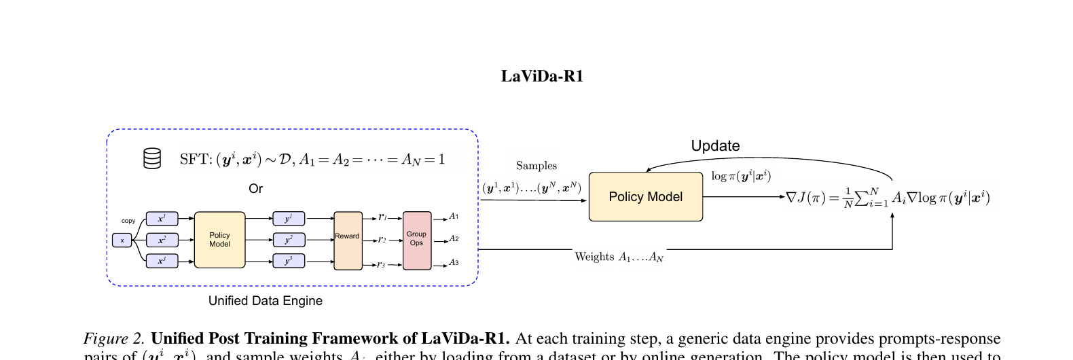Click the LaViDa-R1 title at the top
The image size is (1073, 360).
pos(542,76)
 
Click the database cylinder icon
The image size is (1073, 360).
pos(152,158)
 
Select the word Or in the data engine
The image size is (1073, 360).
pos(255,189)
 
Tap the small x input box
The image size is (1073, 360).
pos(122,240)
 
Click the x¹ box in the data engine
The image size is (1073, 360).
pos(162,219)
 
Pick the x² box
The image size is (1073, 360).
pos(162,240)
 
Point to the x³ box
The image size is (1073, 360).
pos(162,261)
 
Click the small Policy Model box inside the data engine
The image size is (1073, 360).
pos(219,240)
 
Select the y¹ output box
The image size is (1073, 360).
pos(289,219)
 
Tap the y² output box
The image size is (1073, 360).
pos(289,240)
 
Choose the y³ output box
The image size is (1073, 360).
pos(289,261)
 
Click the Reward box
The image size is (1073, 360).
pos(347,240)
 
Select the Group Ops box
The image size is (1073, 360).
pos(416,240)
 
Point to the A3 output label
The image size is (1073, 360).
pos(454,263)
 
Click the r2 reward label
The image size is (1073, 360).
pos(382,240)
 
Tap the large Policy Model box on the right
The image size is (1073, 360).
pos(645,197)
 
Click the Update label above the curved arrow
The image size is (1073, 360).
pos(715,146)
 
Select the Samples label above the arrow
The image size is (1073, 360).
pos(536,166)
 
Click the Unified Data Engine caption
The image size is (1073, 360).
pos(265,301)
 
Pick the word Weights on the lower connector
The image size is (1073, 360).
pos(594,257)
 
